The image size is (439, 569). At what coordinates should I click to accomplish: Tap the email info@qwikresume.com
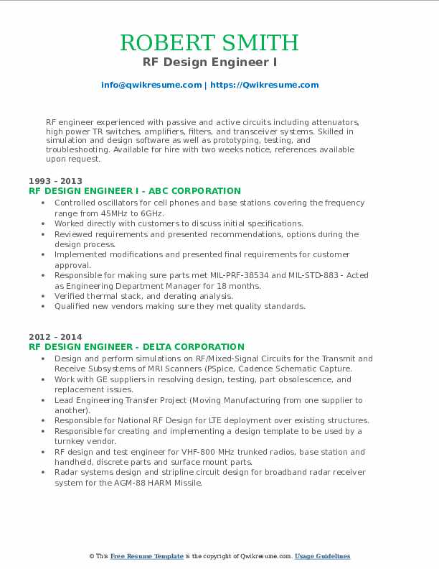[151, 85]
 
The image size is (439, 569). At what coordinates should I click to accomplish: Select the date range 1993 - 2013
[55, 181]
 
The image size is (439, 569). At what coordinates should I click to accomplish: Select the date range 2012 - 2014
[55, 336]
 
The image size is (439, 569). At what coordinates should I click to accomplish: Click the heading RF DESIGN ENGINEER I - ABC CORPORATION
[135, 191]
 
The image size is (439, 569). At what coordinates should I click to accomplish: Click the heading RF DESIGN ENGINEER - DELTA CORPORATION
[136, 346]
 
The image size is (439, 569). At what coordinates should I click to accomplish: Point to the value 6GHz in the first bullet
[153, 213]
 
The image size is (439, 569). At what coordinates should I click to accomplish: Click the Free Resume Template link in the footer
[147, 556]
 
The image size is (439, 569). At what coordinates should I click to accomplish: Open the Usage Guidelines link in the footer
[322, 556]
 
